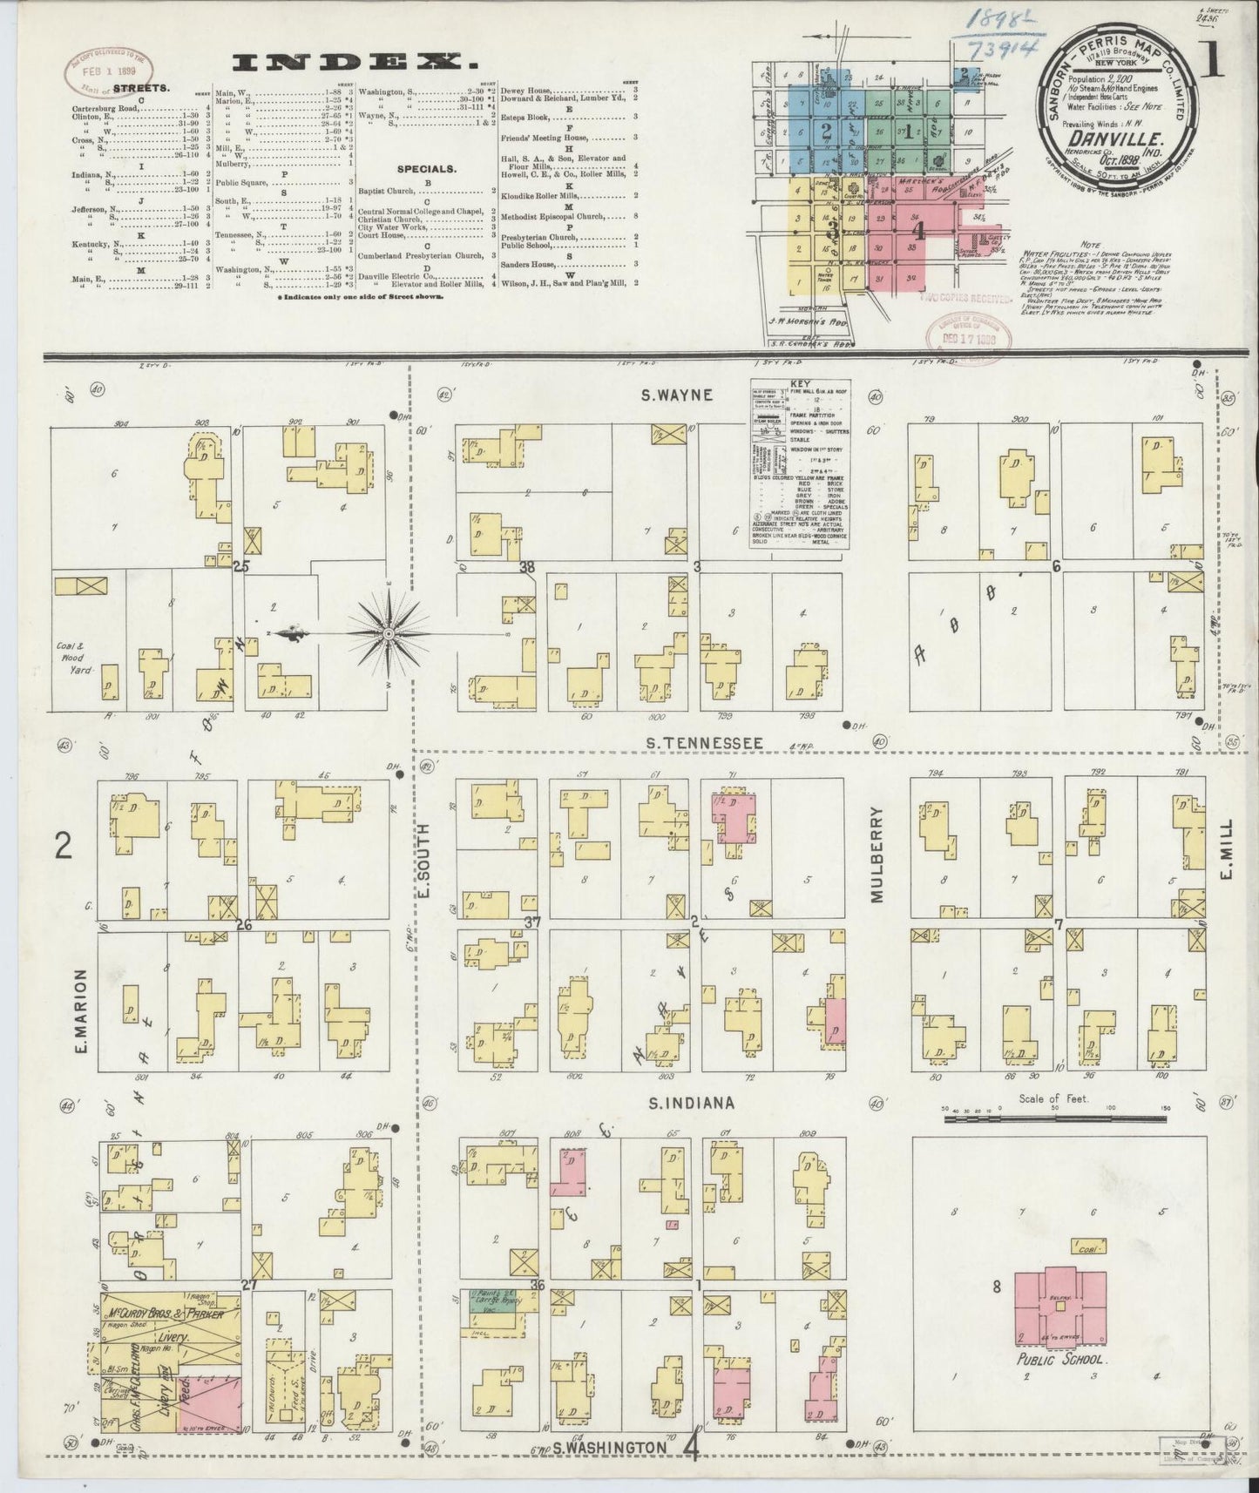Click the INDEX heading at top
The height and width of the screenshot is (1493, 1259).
(x=347, y=62)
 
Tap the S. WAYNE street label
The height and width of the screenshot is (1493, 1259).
(x=678, y=395)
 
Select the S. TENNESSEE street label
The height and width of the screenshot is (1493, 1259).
(x=705, y=743)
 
